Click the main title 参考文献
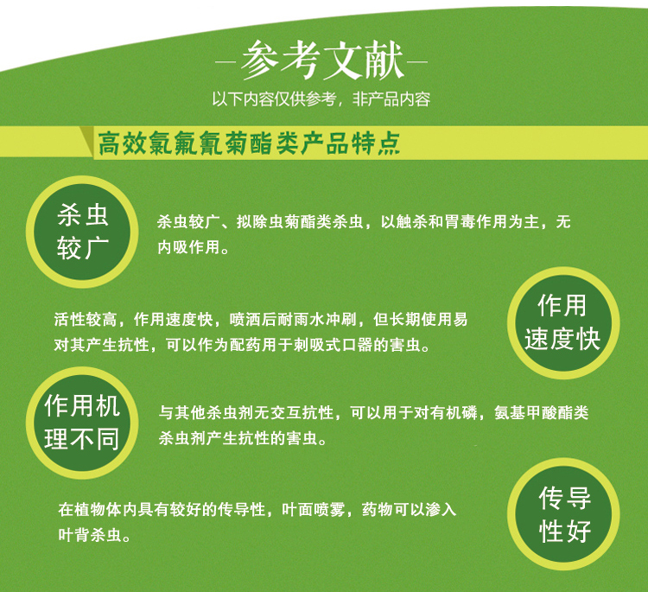pos(321,60)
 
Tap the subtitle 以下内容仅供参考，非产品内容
pos(321,99)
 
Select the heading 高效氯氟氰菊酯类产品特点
pos(249,143)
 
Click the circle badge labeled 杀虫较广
pos(82,232)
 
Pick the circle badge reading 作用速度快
pos(563,323)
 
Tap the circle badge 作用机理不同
pos(82,423)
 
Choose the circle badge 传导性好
pos(563,514)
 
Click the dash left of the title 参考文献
pos(226,63)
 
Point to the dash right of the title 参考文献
pos(417,63)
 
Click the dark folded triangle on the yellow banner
pos(86,142)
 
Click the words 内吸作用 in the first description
pos(188,247)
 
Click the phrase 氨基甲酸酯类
pos(542,412)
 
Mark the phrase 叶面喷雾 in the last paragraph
pos(314,509)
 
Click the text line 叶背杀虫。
pos(95,535)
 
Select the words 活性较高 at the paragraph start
pos(86,319)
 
